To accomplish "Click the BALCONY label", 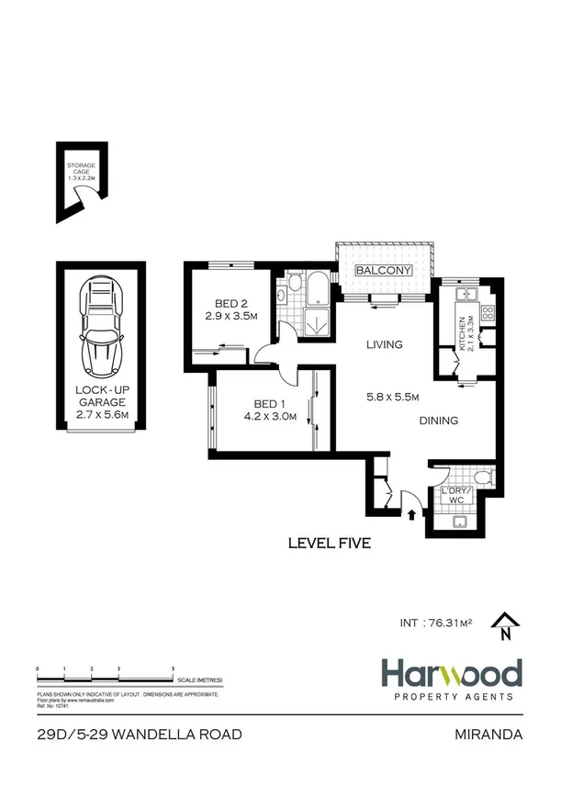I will click(x=383, y=271).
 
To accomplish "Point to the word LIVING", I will click(x=384, y=345).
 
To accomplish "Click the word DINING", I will click(x=437, y=421).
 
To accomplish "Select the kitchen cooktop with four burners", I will click(x=488, y=313).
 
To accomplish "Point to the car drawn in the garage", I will click(x=102, y=322).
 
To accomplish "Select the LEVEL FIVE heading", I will click(x=329, y=544).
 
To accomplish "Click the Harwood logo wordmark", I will click(x=452, y=674).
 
